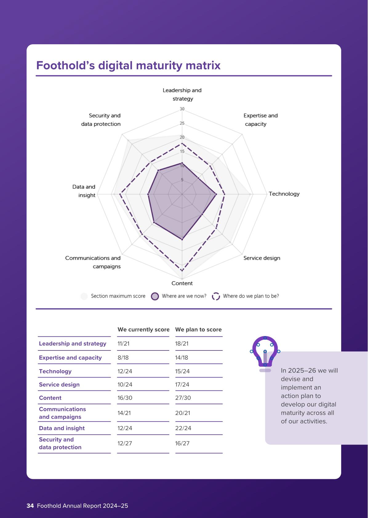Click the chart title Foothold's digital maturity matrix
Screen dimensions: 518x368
point(128,65)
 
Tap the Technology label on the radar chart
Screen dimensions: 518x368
point(284,194)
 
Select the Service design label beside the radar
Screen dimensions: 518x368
point(262,258)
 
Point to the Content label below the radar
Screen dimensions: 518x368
point(182,283)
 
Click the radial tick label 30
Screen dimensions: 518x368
point(182,109)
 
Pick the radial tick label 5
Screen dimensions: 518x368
point(182,180)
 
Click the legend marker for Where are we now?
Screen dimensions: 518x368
point(155,296)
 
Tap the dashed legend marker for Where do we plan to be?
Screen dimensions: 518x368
point(216,296)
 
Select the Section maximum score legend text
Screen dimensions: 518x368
point(118,296)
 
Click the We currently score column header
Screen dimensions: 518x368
point(143,330)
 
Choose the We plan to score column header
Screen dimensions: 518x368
point(198,330)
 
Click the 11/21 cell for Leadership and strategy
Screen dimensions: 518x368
point(123,344)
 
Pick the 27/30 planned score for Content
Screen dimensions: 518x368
point(183,398)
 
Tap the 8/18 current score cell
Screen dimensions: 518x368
point(123,358)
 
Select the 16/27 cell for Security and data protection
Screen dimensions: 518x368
point(182,443)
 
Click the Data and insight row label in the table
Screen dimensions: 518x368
point(62,428)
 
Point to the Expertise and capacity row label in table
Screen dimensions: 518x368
point(70,358)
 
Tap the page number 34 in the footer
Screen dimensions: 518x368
point(30,506)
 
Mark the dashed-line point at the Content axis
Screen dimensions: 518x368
point(182,270)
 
